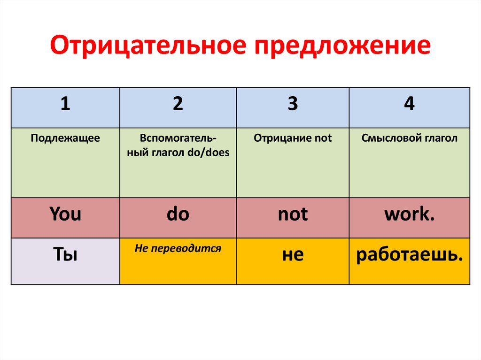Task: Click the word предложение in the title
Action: coord(342,47)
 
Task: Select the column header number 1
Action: coord(65,104)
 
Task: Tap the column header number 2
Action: coord(178,104)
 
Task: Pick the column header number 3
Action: coord(293,104)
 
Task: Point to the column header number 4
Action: coord(409,104)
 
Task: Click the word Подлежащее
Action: coord(65,138)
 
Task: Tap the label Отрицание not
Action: coord(293,138)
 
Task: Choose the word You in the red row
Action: coord(65,214)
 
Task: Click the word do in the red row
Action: coord(178,214)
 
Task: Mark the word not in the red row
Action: coord(293,214)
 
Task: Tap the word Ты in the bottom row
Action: coord(65,255)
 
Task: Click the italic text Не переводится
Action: coord(178,248)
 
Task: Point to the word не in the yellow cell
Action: coord(293,255)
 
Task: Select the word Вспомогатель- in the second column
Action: coord(178,138)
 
